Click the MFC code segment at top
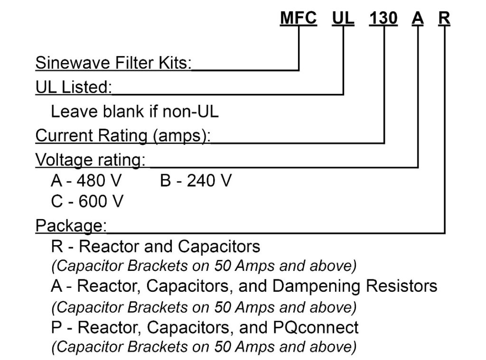point(298,18)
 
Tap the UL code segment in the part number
point(343,18)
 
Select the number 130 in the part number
point(383,18)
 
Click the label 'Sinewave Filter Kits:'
point(113,63)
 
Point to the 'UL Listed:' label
point(74,87)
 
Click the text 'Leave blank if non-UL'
point(134,111)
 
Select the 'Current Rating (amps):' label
point(123,136)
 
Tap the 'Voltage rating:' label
point(90,160)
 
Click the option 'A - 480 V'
point(86,180)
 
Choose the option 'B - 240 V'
point(196,180)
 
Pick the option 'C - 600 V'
point(87,201)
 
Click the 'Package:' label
point(71,226)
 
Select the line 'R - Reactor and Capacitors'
point(155,247)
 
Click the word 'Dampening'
point(316,286)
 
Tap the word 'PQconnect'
point(316,327)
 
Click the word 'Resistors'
point(402,286)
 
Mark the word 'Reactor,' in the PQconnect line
point(110,328)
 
